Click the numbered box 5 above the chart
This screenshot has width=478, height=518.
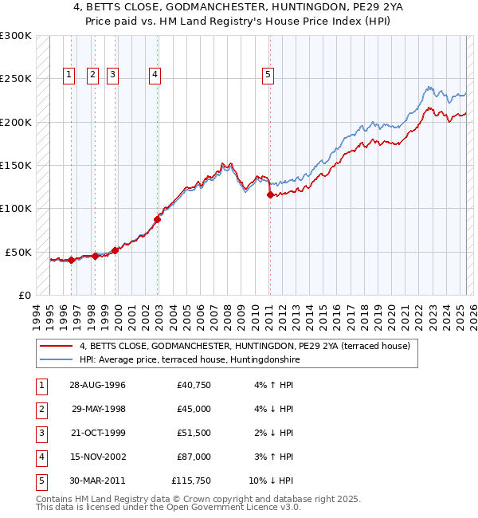tap(267, 76)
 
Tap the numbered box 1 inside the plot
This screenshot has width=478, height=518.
tap(69, 76)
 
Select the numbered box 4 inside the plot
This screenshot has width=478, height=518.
tap(155, 76)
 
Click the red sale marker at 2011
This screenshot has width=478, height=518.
tap(270, 194)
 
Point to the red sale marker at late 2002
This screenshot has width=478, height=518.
tap(157, 219)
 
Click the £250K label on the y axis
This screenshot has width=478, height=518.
tap(16, 79)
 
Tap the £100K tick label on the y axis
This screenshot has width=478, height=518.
tap(16, 208)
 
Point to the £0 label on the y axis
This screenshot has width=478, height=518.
tap(24, 295)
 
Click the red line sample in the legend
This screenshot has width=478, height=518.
tap(56, 347)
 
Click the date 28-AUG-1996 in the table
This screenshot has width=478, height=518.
tap(98, 385)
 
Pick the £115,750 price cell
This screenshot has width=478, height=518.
tap(191, 481)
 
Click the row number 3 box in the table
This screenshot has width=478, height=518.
tap(40, 433)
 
